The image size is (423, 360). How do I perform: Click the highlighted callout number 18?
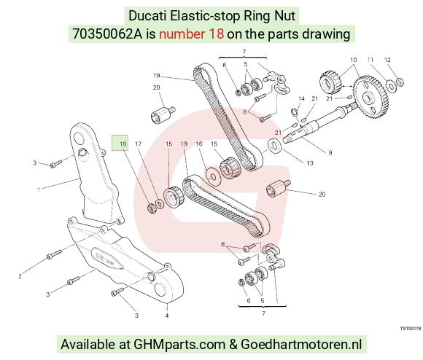[x=123, y=144]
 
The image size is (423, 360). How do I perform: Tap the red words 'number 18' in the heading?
[x=191, y=34]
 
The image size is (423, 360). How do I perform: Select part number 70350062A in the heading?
[x=107, y=34]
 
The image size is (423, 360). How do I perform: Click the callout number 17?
[x=138, y=144]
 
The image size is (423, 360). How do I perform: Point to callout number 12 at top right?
[x=387, y=60]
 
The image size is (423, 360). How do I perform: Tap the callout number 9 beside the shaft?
[x=330, y=153]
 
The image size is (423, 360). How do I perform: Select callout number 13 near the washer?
[x=310, y=163]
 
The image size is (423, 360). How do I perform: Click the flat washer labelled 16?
[x=214, y=177]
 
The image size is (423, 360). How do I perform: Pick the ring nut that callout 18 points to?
[x=152, y=208]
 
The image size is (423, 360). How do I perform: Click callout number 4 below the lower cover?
[x=167, y=316]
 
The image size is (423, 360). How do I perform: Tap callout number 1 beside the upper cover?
[x=39, y=189]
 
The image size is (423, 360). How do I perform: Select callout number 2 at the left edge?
[x=20, y=276]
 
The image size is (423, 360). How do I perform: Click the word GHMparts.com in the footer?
[x=179, y=344]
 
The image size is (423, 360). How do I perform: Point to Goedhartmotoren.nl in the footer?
[x=301, y=344]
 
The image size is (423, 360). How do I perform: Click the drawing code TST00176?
[x=411, y=328]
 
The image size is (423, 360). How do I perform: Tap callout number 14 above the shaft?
[x=301, y=99]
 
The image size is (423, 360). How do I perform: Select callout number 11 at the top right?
[x=370, y=60]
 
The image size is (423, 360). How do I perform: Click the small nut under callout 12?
[x=400, y=82]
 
